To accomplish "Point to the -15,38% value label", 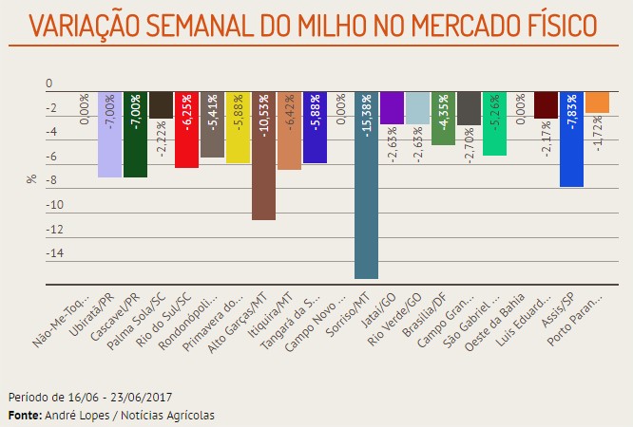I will pyautogui.click(x=367, y=118).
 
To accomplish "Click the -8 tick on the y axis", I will pyautogui.click(x=58, y=180).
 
